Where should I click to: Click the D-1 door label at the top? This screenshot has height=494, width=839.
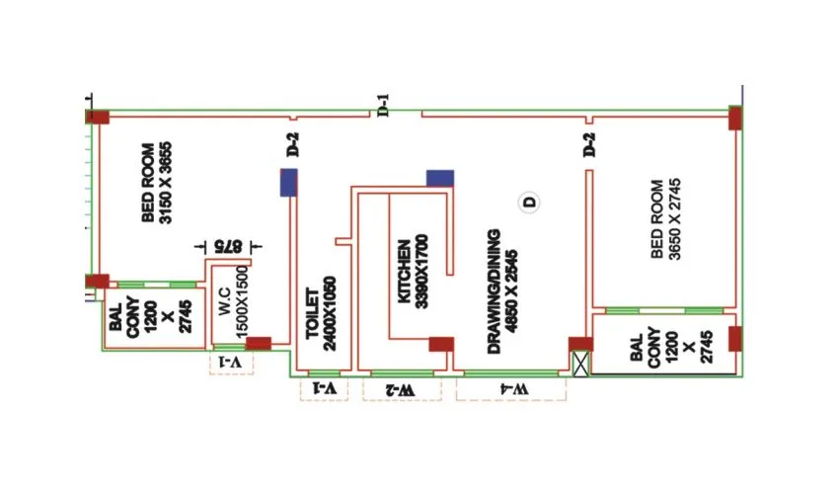click(383, 106)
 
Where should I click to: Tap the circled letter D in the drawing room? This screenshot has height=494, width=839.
click(530, 203)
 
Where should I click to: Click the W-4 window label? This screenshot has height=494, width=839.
click(510, 389)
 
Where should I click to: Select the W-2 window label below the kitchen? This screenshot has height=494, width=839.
click(400, 389)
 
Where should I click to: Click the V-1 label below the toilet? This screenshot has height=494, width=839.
click(325, 389)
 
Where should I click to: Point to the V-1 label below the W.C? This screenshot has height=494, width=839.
click(231, 365)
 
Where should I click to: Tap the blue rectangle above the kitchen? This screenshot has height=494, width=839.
click(440, 178)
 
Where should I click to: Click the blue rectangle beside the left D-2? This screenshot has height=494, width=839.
click(289, 183)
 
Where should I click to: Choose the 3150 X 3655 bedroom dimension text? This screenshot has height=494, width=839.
click(157, 183)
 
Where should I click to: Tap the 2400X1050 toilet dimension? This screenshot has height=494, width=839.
click(329, 313)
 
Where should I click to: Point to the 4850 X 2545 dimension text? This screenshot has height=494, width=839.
click(511, 291)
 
